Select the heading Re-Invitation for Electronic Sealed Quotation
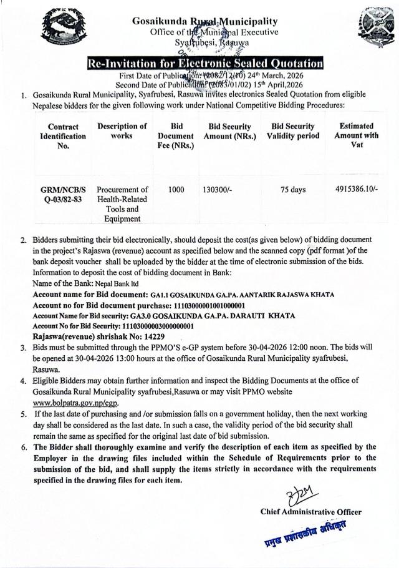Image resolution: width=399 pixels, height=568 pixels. tap(205, 64)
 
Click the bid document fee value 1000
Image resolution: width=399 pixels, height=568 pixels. tap(176, 190)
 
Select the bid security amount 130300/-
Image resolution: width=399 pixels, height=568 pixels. tap(221, 190)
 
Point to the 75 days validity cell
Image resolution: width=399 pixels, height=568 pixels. tap(292, 190)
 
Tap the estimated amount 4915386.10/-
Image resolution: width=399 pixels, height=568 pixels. tap(355, 190)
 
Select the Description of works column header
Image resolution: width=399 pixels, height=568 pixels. tap(122, 131)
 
